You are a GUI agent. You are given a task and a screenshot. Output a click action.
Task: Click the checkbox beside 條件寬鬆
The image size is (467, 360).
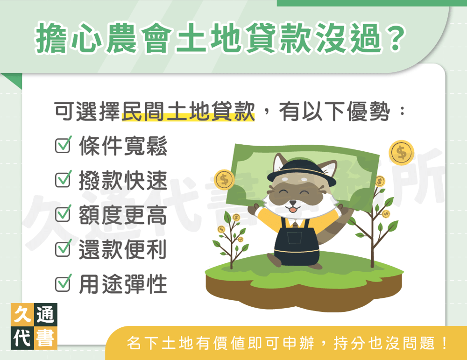62,146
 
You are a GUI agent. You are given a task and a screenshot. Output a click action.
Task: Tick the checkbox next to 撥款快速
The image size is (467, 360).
62,180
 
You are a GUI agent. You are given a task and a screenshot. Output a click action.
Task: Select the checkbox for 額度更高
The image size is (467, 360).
62,215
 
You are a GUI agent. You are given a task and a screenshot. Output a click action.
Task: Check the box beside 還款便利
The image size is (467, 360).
62,249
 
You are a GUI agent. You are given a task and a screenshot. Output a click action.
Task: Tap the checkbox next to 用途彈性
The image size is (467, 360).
62,283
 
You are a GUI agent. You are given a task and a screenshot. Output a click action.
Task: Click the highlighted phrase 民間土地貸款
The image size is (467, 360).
188,113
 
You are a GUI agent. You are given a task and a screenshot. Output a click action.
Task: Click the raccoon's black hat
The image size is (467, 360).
299,164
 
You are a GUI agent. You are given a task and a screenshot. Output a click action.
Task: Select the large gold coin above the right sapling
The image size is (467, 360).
401,151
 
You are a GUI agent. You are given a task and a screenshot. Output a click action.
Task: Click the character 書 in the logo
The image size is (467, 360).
46,337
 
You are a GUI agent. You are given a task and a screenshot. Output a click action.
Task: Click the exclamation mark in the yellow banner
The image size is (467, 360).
444,345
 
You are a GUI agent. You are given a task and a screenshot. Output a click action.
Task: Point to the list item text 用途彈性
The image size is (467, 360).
123,284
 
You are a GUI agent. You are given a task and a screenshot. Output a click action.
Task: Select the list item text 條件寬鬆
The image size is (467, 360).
123,147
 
